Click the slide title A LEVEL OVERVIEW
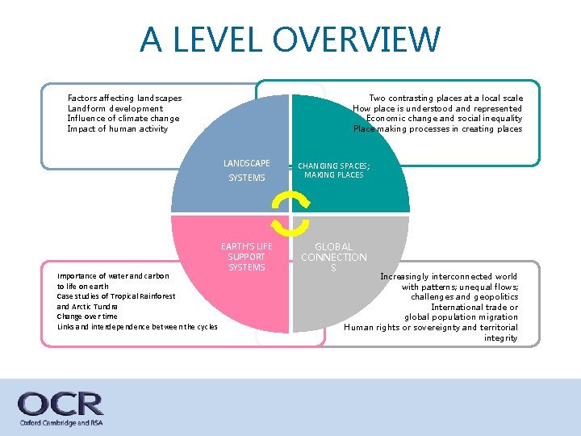[290, 39]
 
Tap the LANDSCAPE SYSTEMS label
[247, 170]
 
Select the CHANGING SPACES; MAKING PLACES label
[334, 170]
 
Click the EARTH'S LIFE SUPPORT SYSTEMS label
[247, 256]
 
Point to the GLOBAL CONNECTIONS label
[333, 257]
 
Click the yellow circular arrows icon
[290, 212]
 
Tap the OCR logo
[61, 403]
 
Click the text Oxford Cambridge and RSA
[61, 423]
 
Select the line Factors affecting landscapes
[124, 99]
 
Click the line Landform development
[115, 108]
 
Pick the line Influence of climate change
[123, 119]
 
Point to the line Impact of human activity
[118, 129]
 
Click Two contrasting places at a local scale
[445, 99]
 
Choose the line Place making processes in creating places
[437, 129]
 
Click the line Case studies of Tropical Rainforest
[116, 296]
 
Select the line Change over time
[86, 317]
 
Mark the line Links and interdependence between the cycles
[137, 326]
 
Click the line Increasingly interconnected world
[449, 276]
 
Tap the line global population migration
[461, 317]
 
